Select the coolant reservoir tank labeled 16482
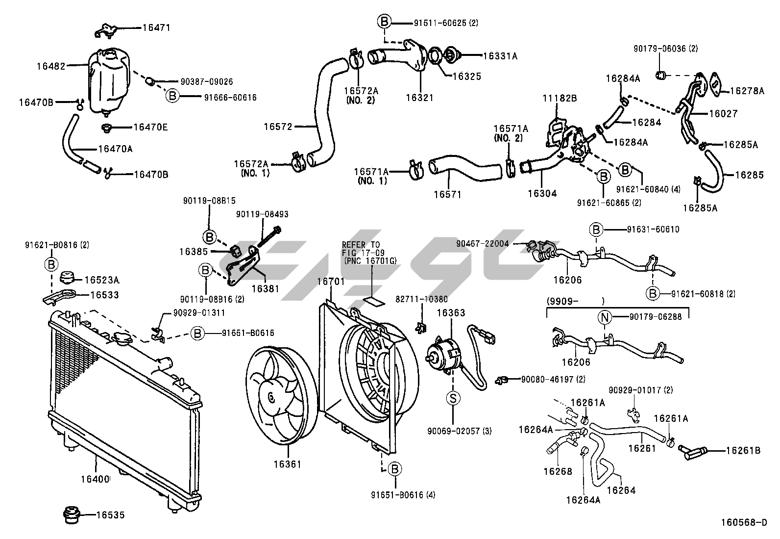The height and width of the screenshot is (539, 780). coord(109,81)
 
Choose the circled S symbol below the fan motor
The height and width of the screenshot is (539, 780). coord(453,398)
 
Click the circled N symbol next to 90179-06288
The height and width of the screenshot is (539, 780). coord(605,317)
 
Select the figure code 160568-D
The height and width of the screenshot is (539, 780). coord(743,522)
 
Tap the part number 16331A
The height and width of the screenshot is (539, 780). coord(500,56)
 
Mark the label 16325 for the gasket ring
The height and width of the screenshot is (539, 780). coord(466,77)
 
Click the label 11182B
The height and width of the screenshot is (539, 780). coord(560,98)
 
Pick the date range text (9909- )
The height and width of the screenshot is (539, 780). coord(575,301)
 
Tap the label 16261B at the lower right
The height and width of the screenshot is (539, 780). coord(743,450)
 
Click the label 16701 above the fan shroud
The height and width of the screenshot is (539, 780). coord(331,282)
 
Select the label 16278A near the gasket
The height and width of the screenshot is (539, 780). coord(747,91)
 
